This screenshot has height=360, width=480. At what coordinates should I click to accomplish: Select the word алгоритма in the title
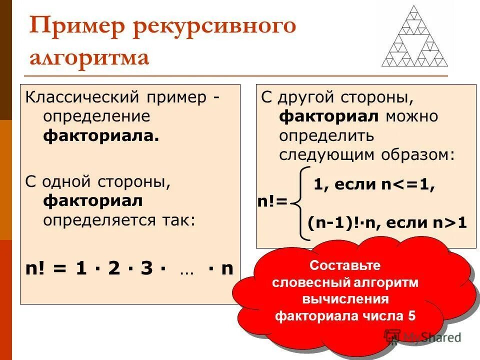(x=89, y=57)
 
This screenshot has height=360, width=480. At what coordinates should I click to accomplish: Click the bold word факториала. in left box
(x=101, y=136)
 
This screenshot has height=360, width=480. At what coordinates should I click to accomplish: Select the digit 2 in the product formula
(x=113, y=268)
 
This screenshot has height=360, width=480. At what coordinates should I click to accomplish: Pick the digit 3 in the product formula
(x=146, y=268)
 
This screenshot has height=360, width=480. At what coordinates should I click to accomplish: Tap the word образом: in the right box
(x=424, y=154)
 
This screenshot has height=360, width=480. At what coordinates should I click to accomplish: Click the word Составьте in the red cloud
(x=345, y=265)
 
